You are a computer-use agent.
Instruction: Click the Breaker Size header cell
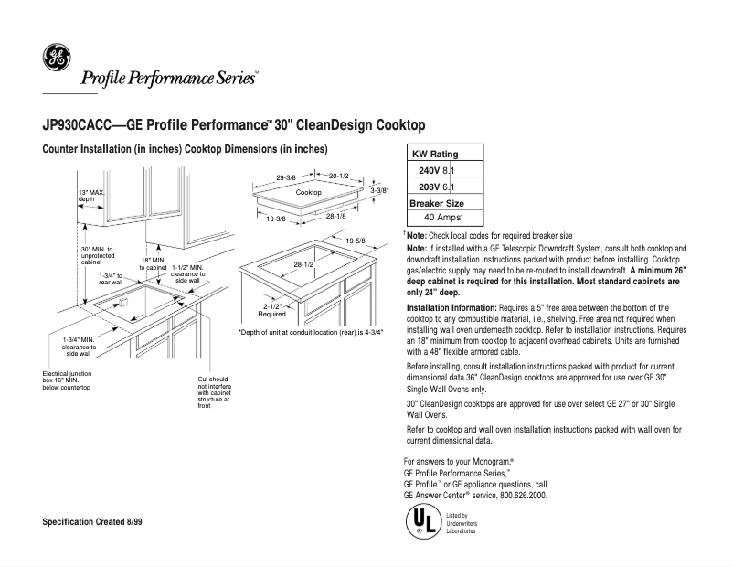click(x=437, y=202)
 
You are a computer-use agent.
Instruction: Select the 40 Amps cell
click(x=445, y=218)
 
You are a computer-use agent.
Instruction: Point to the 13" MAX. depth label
click(x=91, y=195)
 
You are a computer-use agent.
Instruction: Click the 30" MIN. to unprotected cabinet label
click(x=97, y=255)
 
